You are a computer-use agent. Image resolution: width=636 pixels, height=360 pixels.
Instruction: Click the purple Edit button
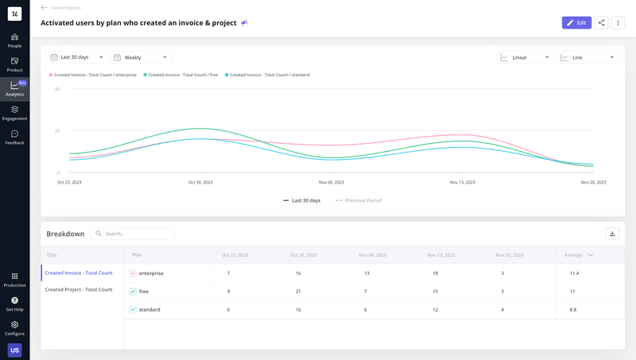(x=576, y=23)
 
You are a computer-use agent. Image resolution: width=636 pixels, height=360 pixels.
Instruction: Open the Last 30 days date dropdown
(x=78, y=57)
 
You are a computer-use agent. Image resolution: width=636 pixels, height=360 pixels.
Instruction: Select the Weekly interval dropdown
(x=142, y=57)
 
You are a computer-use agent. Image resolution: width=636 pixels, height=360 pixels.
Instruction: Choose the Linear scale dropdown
(x=525, y=57)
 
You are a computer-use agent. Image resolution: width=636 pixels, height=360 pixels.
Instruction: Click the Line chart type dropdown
(x=588, y=57)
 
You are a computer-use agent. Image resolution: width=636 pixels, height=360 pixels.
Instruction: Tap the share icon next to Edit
(x=602, y=23)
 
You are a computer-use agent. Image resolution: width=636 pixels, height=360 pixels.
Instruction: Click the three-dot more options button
(x=618, y=23)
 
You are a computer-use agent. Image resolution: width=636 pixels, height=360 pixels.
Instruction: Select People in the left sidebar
(x=14, y=41)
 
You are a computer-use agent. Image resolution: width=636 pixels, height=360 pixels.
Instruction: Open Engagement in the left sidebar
(x=14, y=114)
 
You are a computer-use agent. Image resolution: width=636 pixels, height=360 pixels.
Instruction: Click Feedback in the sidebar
(x=14, y=137)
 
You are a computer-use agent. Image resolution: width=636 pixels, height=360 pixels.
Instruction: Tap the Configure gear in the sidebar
(x=14, y=328)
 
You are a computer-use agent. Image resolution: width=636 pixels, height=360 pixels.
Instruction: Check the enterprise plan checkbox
(x=133, y=273)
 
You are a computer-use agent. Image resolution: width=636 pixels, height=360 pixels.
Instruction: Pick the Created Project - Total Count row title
(x=79, y=289)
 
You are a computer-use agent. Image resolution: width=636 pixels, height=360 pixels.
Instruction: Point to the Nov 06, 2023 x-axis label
(x=332, y=182)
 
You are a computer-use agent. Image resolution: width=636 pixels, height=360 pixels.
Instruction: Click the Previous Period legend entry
(x=359, y=200)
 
